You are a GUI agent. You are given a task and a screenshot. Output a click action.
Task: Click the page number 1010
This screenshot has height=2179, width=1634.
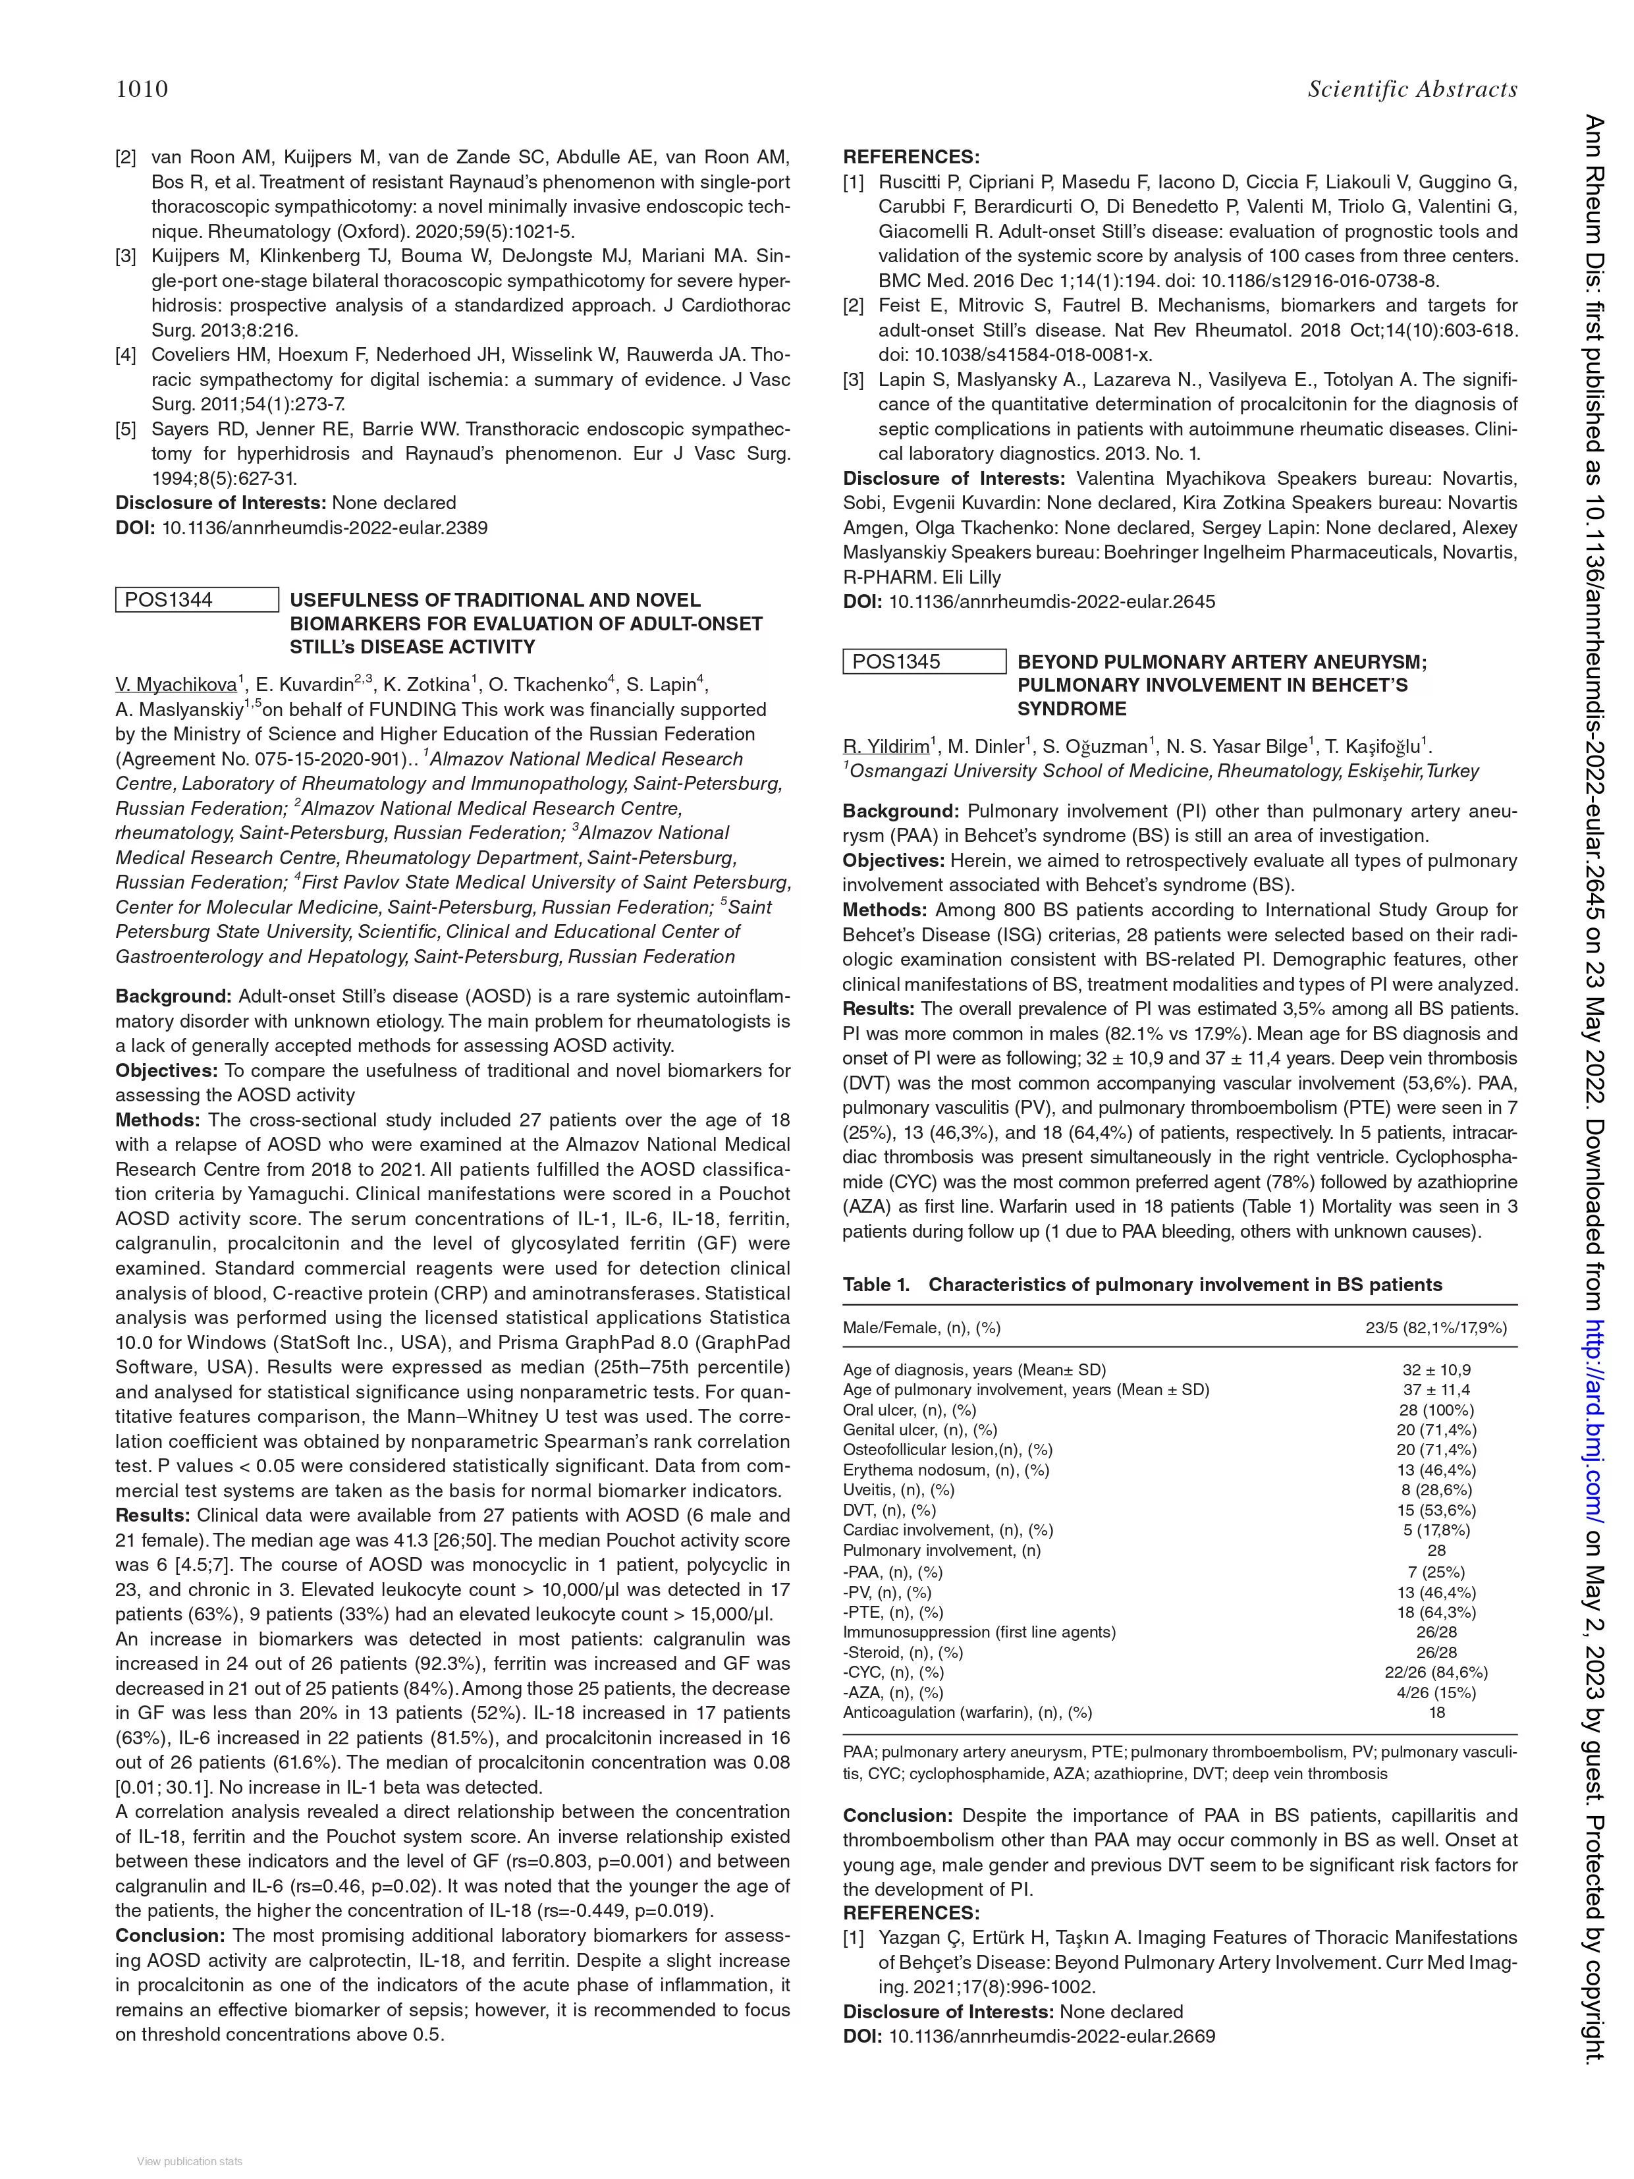[142, 90]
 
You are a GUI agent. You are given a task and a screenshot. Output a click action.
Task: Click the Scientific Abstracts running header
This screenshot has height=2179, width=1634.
[1411, 90]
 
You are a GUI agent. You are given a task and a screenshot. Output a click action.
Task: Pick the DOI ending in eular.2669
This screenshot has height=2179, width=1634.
[1051, 2036]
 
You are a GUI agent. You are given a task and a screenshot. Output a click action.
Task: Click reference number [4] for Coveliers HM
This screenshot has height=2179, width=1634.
[125, 354]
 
